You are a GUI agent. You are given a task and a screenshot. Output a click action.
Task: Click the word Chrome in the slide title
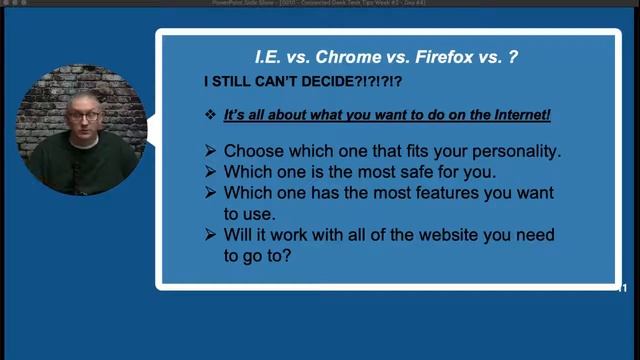352,58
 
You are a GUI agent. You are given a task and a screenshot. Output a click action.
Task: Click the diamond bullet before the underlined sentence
210,116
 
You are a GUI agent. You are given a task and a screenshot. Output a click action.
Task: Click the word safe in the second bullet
402,172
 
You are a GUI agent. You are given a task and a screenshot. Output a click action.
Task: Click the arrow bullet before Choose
210,151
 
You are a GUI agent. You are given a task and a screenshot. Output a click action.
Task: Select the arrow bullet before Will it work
210,235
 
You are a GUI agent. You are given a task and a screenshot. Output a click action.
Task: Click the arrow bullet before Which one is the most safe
210,172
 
